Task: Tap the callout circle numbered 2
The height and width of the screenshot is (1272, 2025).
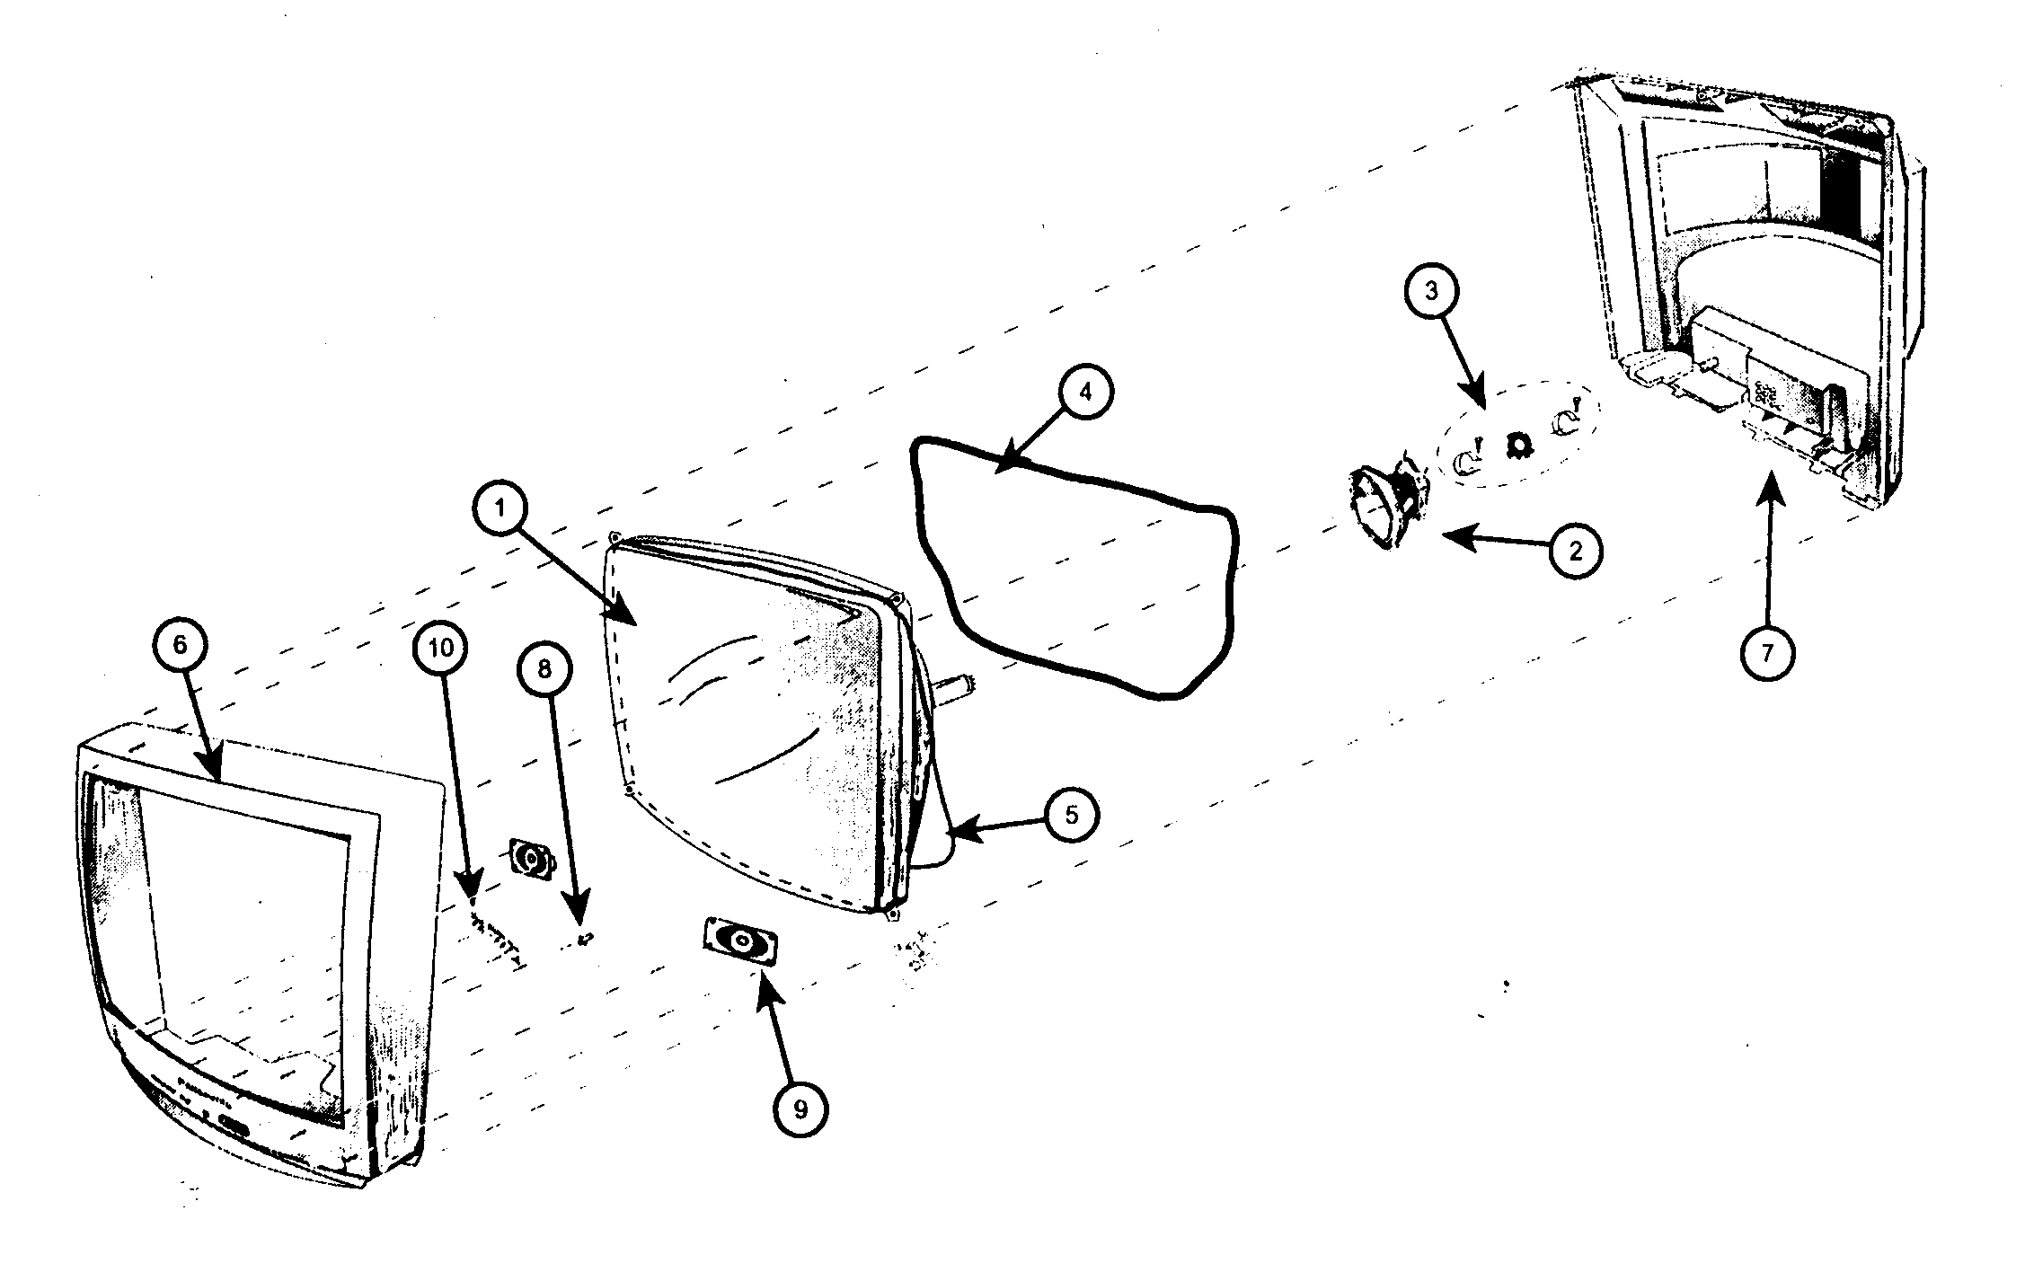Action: (x=1575, y=551)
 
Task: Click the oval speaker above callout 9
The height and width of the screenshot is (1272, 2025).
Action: (x=741, y=942)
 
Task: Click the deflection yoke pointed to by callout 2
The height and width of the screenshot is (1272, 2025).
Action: (x=1387, y=506)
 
